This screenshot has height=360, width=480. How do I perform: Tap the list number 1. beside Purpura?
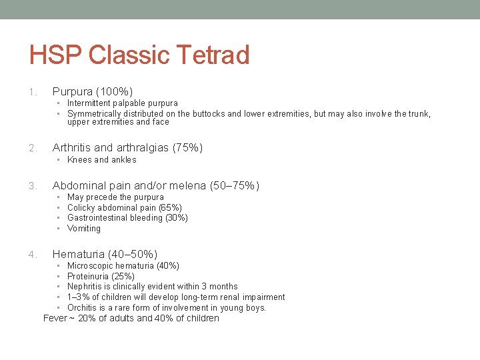click(33, 91)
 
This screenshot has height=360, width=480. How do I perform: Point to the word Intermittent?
click(92, 103)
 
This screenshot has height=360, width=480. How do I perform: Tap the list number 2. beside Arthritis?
click(33, 148)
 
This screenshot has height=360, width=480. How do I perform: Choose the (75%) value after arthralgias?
click(187, 147)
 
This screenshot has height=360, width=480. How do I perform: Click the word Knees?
click(79, 160)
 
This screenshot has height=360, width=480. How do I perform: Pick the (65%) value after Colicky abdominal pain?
click(170, 208)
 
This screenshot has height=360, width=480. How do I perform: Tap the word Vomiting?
click(84, 229)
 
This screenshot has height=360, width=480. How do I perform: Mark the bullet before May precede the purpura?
click(59, 197)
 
